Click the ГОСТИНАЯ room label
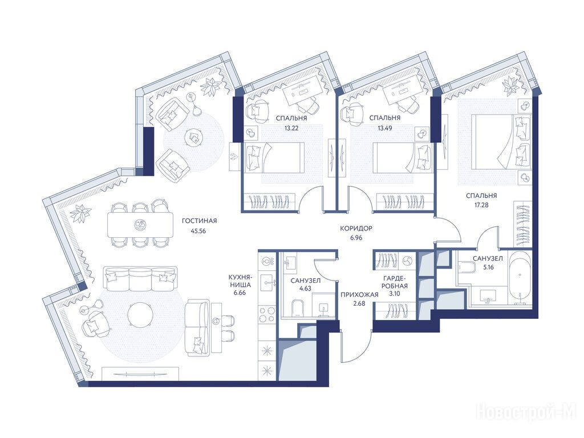[x=199, y=221]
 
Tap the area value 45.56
[x=198, y=231]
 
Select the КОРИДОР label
[x=356, y=228]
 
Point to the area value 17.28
[x=481, y=205]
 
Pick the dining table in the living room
[x=140, y=225]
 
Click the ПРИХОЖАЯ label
[x=359, y=295]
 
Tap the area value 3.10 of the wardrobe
[x=395, y=294]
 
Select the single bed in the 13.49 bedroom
[x=403, y=157]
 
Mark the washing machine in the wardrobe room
[x=407, y=261]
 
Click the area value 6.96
[x=356, y=238]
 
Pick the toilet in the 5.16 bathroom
[x=465, y=267]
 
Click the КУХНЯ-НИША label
[x=241, y=281]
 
